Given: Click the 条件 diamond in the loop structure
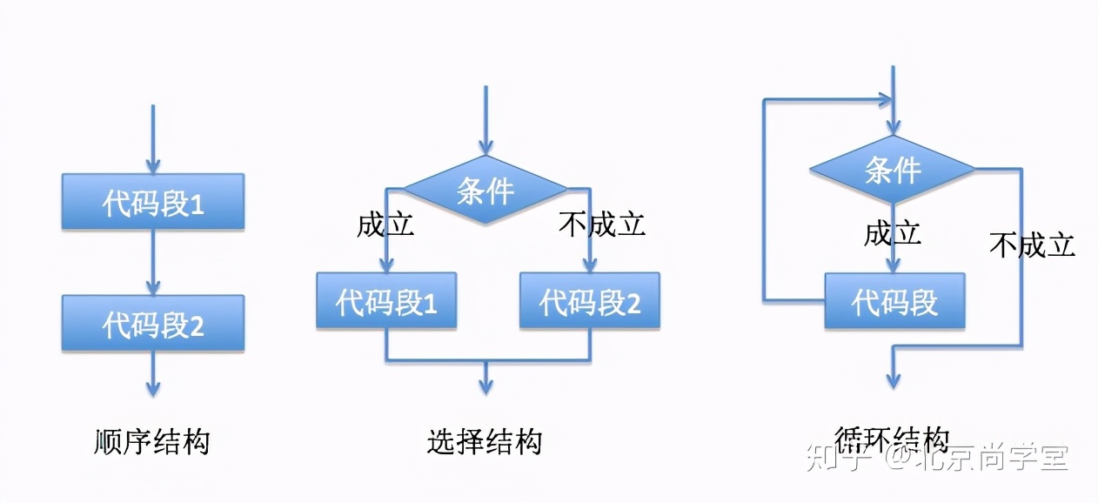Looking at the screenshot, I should coord(892,169).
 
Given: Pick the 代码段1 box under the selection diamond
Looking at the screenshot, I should coord(385,301).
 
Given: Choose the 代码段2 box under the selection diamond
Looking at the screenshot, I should coord(589,301).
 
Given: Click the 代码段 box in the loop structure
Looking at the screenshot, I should coord(894,301).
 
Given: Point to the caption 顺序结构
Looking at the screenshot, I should coord(151,442).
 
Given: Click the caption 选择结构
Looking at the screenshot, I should coord(485,442).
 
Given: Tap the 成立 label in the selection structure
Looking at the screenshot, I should coord(385,225).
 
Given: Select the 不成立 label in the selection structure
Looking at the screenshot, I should coord(602,225).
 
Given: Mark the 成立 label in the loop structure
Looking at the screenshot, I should coord(892,233).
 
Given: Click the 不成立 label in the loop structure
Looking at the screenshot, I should coord(1032,245).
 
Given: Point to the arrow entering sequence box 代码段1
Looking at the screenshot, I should coord(152,139).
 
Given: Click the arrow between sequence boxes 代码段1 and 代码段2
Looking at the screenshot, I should coord(152,261).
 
